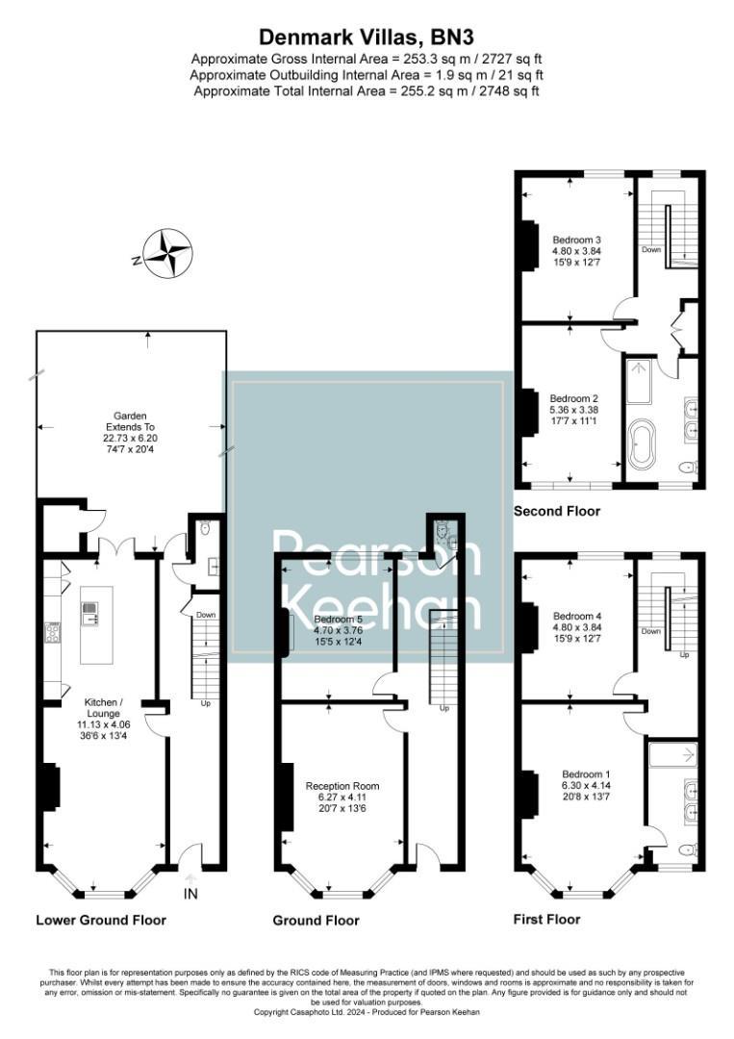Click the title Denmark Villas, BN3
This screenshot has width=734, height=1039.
point(367,37)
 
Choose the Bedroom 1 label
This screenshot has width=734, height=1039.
point(577,774)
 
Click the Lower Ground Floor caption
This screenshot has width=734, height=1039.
point(100,920)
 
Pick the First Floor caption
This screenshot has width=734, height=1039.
point(546,919)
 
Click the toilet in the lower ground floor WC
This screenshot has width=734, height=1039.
point(204,528)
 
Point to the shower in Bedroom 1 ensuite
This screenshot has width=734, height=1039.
point(673,756)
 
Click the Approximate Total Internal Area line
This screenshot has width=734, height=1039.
point(367,91)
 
